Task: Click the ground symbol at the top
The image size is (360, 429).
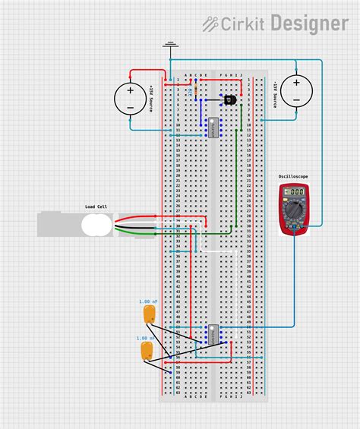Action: [171, 46]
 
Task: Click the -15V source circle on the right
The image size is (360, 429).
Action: [295, 92]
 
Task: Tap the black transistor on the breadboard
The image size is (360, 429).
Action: [229, 99]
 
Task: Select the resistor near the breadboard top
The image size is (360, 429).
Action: [197, 90]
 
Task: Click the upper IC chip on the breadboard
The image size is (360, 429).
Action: [214, 128]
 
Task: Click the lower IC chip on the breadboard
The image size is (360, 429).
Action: [214, 333]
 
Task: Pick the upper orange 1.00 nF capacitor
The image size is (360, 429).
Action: [149, 314]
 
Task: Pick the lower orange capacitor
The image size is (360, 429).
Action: [146, 351]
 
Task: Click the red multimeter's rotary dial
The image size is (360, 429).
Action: [293, 215]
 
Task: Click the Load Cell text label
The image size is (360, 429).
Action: [96, 207]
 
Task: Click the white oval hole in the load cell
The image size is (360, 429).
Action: [96, 225]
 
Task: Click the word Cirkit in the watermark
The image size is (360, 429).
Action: [242, 24]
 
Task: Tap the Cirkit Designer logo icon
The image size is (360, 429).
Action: [210, 24]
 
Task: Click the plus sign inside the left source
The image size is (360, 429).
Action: [130, 90]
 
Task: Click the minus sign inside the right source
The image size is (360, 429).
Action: [295, 100]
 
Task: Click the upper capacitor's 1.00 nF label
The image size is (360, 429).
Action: [148, 301]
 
